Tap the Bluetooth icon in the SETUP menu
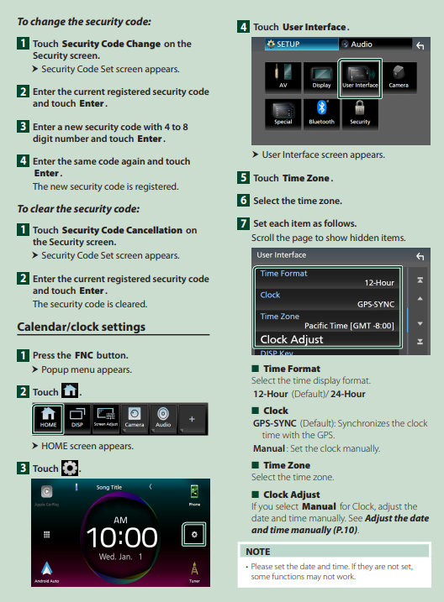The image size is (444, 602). [321, 113]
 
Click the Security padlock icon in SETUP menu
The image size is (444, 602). [360, 113]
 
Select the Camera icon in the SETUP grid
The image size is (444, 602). [399, 77]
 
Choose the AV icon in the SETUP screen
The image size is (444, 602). [283, 77]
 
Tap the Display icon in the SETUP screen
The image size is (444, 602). [321, 77]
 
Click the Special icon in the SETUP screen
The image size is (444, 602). [283, 113]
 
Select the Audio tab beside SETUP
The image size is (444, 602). [375, 44]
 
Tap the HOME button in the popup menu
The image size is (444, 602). [48, 418]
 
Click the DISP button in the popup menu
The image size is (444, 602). [77, 418]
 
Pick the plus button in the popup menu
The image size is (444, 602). [192, 419]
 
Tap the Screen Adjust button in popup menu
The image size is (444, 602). [106, 418]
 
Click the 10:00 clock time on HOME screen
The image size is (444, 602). [121, 537]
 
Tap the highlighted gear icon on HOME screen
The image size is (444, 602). [194, 534]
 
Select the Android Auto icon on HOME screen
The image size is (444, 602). [47, 572]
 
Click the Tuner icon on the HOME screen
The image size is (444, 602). [194, 572]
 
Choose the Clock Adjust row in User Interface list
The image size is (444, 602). [327, 339]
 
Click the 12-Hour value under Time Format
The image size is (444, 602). [379, 283]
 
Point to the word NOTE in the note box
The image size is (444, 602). [258, 552]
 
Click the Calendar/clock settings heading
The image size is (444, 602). [82, 327]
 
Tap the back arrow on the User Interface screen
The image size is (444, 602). [420, 256]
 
